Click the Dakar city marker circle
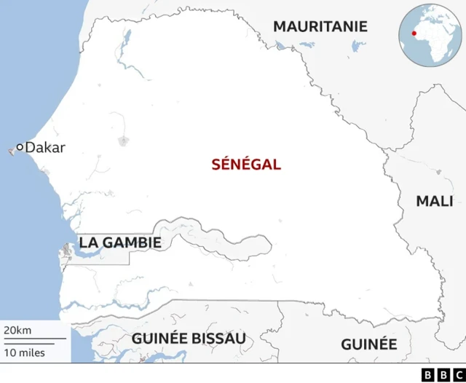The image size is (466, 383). [20, 148]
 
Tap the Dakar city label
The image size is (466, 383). [45, 148]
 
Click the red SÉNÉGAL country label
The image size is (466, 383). [246, 165]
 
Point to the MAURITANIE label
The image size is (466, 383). [320, 27]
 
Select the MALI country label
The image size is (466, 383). [434, 202]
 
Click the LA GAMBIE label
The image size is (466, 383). [120, 242]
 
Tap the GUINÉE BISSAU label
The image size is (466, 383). [189, 338]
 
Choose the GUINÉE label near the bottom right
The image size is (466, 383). [368, 344]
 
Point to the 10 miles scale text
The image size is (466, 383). [24, 353]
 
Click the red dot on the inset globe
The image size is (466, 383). [414, 33]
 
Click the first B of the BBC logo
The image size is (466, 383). [427, 374]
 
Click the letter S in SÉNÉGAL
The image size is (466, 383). [216, 165]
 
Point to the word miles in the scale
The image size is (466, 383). [31, 353]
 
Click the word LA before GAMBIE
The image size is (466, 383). [88, 242]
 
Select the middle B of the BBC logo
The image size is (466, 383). [441, 374]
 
